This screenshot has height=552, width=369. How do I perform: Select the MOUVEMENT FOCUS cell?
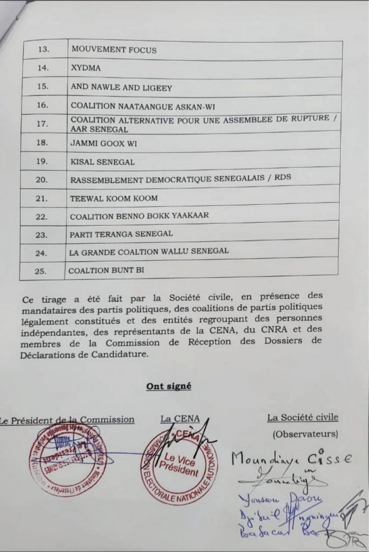[113, 50]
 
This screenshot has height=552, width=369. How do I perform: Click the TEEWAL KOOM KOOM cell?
[114, 198]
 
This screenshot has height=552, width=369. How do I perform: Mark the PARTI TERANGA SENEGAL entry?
[121, 234]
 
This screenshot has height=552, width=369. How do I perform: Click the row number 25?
[40, 271]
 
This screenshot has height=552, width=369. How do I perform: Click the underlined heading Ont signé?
[168, 386]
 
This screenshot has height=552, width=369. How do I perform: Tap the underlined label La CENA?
[180, 418]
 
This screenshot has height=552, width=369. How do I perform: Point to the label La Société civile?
[303, 417]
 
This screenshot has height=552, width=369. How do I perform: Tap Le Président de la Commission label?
[67, 419]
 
